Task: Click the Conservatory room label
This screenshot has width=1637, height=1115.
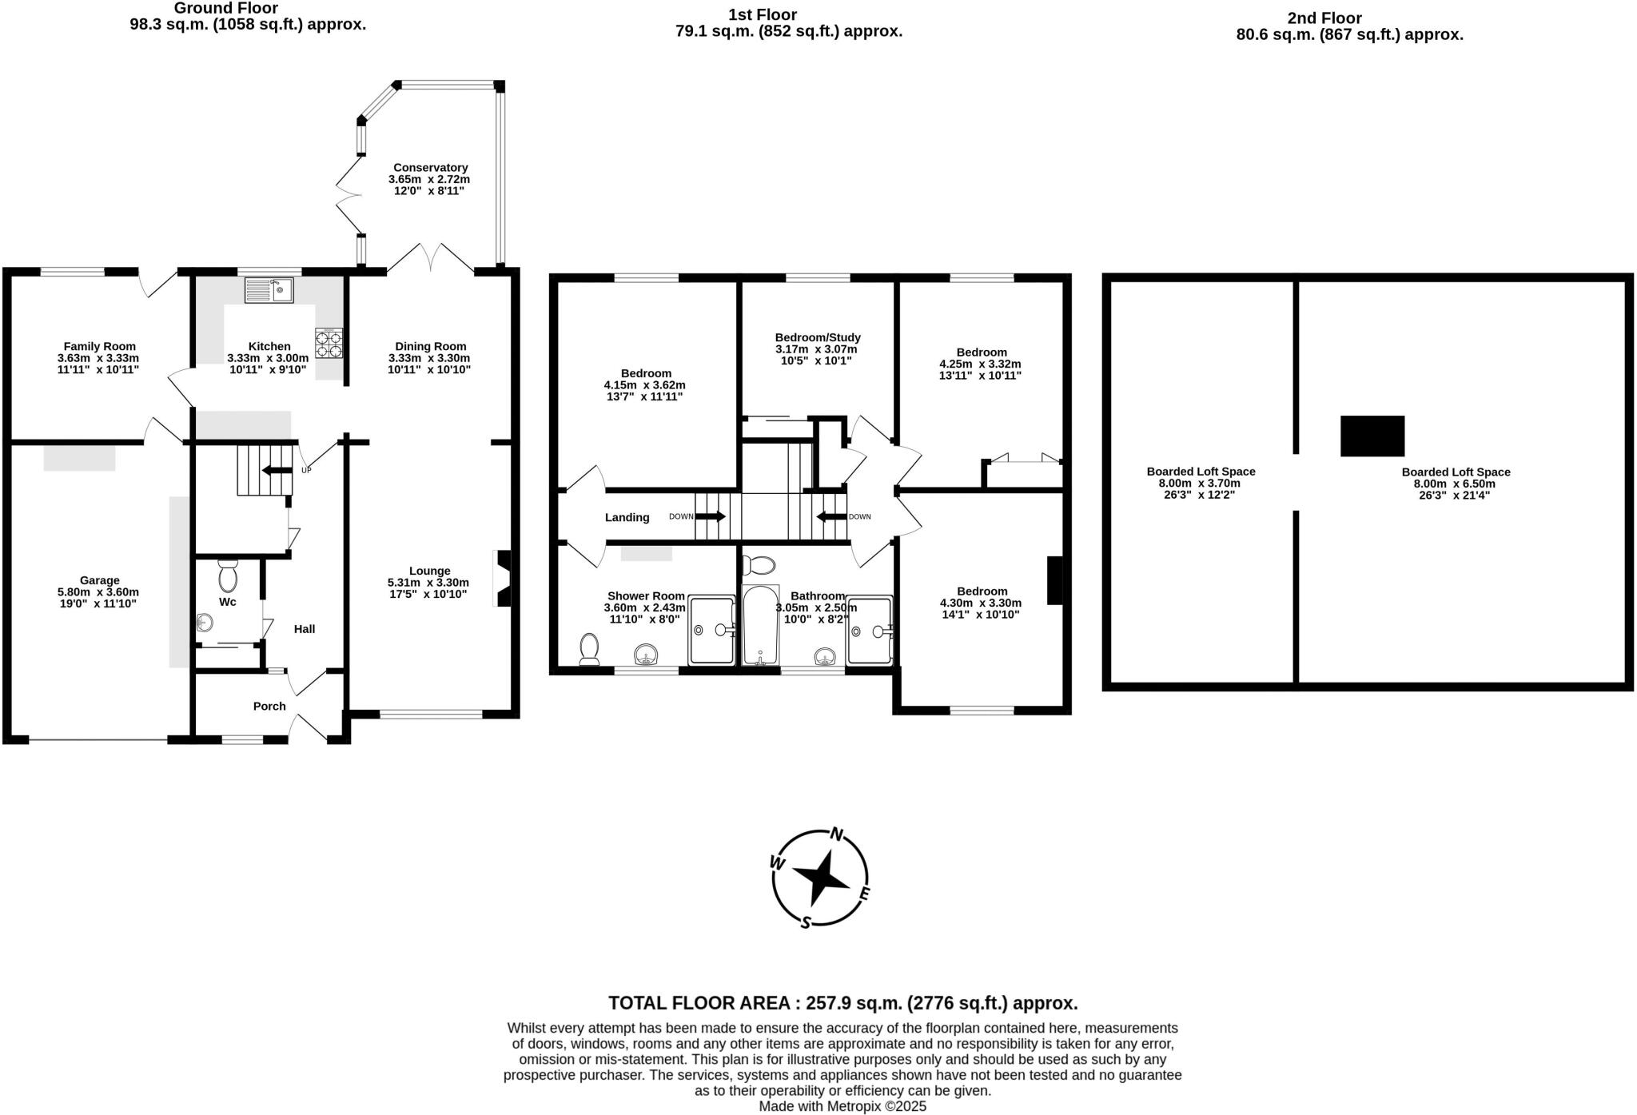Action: (430, 168)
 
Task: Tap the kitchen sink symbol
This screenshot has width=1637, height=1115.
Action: (269, 289)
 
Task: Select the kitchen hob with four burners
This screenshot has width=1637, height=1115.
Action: (329, 343)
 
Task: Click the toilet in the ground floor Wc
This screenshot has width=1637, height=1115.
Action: (228, 575)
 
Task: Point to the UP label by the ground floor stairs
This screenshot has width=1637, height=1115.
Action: (306, 470)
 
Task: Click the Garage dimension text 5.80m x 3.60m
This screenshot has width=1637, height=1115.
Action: (98, 592)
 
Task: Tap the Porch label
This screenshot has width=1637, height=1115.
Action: (269, 706)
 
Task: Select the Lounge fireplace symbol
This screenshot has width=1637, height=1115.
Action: (503, 578)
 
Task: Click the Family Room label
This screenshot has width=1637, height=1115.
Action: (100, 346)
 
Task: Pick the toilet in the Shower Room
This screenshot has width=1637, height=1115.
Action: (590, 649)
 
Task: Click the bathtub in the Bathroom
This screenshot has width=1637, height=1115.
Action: (759, 626)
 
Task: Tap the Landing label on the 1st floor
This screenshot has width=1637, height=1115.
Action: (627, 517)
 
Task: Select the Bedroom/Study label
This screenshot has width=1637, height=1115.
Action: (818, 337)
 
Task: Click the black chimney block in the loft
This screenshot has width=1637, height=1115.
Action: (1372, 436)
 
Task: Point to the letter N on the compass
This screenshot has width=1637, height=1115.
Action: (837, 834)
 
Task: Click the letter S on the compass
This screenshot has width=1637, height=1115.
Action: (806, 922)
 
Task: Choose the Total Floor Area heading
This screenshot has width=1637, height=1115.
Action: (842, 1003)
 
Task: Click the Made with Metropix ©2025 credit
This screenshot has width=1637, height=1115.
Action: (842, 1106)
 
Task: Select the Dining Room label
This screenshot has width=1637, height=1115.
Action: (430, 346)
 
